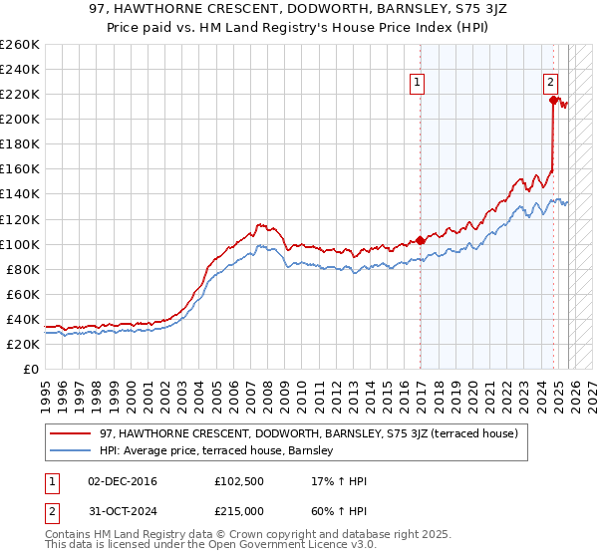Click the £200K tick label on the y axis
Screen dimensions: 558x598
pos(19,119)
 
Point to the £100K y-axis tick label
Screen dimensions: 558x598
pos(19,244)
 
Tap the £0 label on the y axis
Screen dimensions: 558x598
pos(31,369)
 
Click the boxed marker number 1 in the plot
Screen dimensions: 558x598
pos(416,84)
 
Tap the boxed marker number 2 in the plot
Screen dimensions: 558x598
pos(550,84)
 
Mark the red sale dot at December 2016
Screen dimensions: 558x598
pos(420,240)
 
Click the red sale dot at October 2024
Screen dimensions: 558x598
pos(553,100)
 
